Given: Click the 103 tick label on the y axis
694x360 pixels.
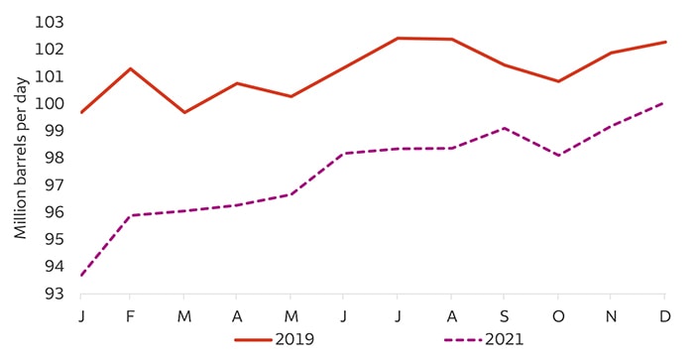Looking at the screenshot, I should point(50,22).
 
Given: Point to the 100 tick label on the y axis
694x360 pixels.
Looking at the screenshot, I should point(50,103).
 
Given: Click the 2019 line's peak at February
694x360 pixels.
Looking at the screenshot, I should point(130,68).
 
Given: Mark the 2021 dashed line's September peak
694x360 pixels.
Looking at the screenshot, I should point(504,128).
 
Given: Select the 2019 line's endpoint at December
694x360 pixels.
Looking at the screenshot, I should point(664,42).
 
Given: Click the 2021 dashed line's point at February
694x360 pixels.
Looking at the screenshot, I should point(130,215).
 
